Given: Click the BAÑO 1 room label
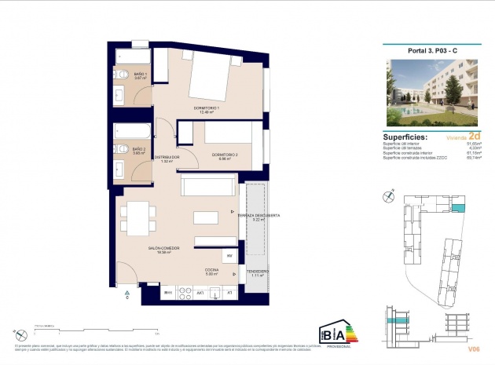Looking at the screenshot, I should [140, 75].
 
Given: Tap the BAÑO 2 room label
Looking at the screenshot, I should [138, 150].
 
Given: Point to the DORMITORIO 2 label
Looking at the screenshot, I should [225, 155].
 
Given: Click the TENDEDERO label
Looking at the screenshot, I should [256, 272].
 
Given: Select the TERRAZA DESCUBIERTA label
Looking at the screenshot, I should [258, 217].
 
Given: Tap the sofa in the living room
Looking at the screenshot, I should [207, 186].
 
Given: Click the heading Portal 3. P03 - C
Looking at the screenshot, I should [431, 50].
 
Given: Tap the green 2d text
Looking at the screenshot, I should [473, 135].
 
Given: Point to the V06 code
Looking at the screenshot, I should [472, 348].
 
